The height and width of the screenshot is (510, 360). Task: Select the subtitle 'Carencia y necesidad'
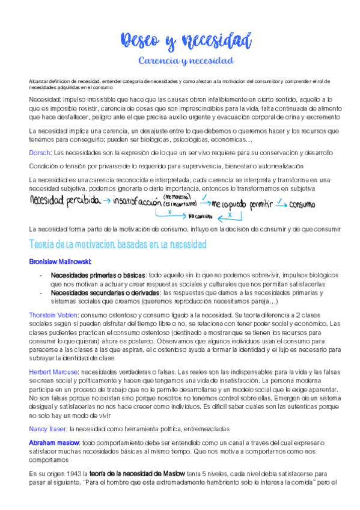185,61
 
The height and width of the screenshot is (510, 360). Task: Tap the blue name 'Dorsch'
40,153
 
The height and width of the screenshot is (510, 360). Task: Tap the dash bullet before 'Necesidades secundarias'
40,293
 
